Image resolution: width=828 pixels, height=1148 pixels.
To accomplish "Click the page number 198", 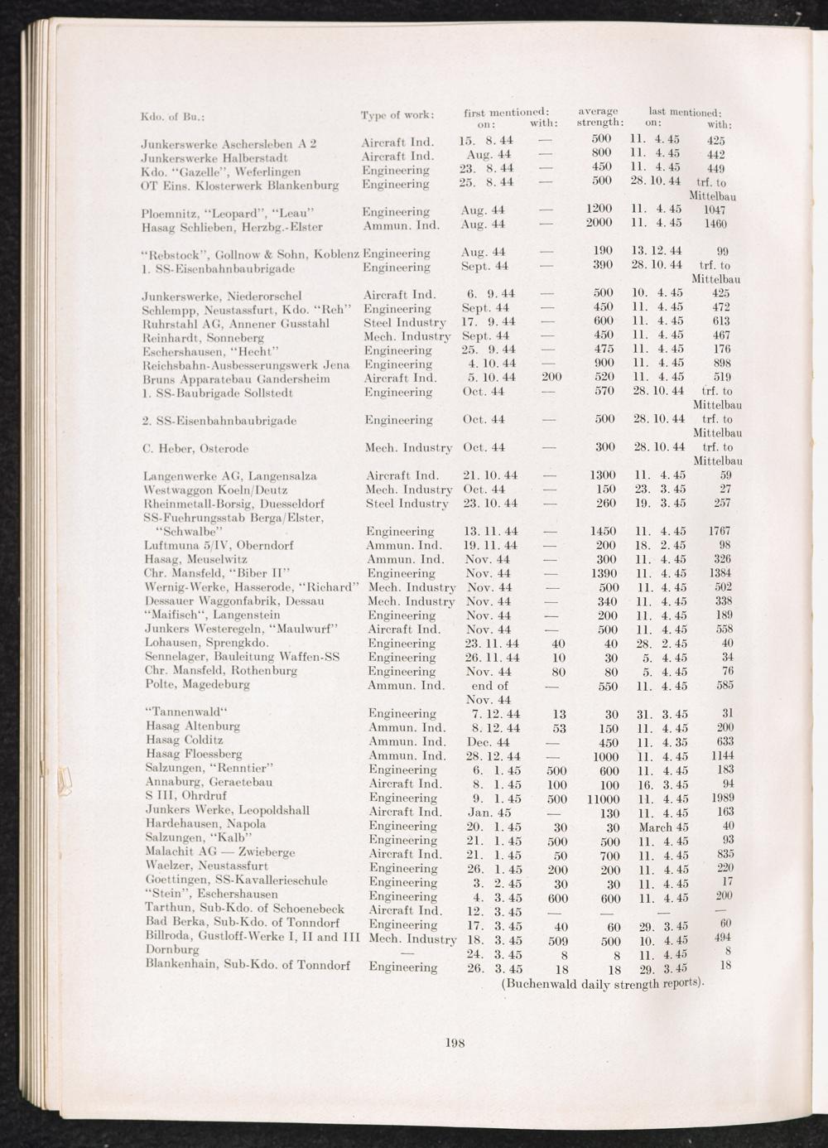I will pos(455,1043).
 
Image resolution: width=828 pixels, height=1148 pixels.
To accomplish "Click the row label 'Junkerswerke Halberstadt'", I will pos(214,157).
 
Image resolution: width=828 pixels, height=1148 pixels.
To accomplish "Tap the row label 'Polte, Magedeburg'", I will pos(197,685).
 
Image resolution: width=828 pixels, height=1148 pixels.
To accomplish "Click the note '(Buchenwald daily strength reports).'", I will pos(604,984).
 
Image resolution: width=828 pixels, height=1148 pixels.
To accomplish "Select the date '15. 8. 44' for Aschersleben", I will pos(486,141).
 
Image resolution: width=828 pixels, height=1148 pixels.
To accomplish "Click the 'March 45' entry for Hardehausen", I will pos(664,827).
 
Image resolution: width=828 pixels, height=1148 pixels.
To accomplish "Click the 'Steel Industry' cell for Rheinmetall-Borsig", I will pos(407,504).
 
